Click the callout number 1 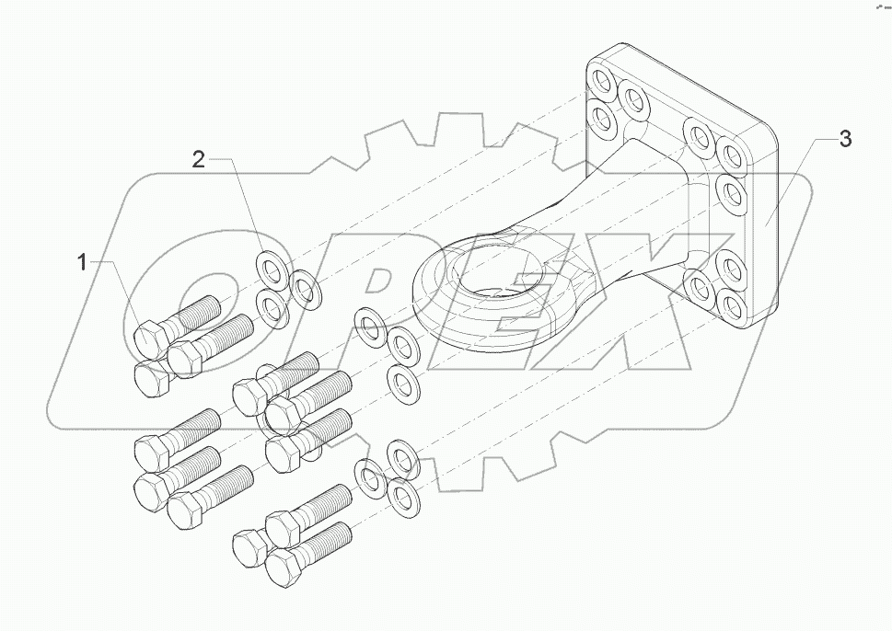tap(82, 263)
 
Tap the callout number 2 tap(198, 158)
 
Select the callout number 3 tap(845, 140)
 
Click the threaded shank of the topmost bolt tap(199, 310)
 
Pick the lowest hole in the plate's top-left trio tap(601, 117)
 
